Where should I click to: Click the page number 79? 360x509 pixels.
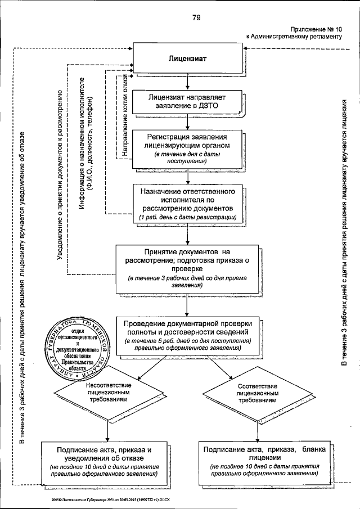(196, 17)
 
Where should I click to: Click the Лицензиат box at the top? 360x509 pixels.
(190, 58)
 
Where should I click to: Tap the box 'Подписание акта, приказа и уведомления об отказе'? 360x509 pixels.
(105, 462)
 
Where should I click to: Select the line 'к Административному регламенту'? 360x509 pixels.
(294, 37)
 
